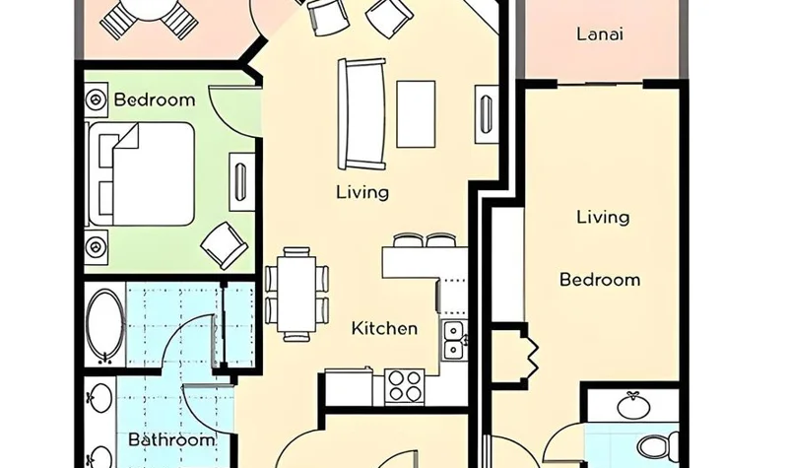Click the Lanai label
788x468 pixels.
tap(600, 34)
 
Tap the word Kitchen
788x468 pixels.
tap(384, 329)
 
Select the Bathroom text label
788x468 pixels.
tap(171, 439)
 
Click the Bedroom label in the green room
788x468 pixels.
tap(155, 100)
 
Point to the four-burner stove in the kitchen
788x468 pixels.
tap(404, 386)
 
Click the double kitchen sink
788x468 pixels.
tap(454, 340)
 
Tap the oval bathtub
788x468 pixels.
tap(104, 324)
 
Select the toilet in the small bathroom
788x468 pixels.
tap(657, 446)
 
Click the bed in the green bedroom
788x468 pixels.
tap(141, 173)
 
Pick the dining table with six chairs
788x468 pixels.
tap(297, 294)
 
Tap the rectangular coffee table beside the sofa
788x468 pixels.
tap(416, 114)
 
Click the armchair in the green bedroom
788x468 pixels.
tap(225, 245)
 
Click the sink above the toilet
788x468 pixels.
tap(633, 405)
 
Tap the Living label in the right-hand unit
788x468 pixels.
tap(603, 217)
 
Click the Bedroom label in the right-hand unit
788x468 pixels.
tap(600, 280)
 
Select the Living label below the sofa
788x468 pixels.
tap(362, 192)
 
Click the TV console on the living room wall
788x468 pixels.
tap(486, 114)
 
